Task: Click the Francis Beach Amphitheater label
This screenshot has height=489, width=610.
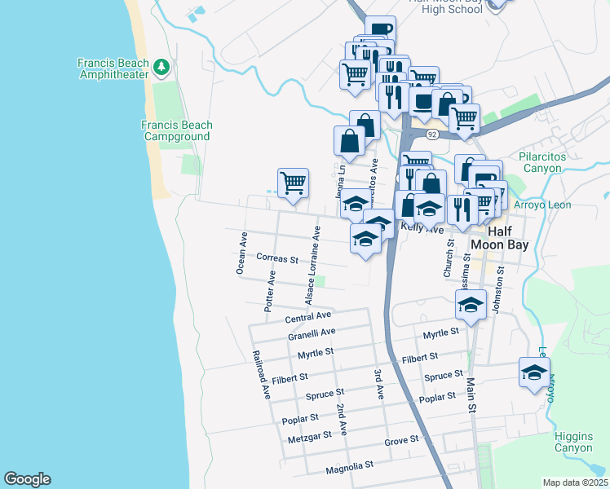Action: [x=113, y=68]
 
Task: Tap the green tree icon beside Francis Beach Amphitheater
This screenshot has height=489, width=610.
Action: [x=162, y=64]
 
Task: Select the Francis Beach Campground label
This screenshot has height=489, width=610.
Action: [x=176, y=130]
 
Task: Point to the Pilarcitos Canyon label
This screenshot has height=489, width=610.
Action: [x=552, y=162]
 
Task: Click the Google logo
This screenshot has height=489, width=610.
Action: [x=27, y=479]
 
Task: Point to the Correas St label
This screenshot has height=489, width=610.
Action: [x=277, y=258]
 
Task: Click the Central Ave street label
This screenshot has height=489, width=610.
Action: [x=308, y=316]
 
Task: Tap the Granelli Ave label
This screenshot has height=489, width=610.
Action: [x=312, y=333]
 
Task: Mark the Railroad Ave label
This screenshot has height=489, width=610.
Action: [x=261, y=375]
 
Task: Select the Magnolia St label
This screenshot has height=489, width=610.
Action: [x=348, y=465]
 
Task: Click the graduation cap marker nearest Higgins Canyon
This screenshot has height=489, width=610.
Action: [x=534, y=373]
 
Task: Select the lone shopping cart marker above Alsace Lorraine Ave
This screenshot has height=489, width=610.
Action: [x=293, y=182]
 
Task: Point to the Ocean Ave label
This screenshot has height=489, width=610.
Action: [x=241, y=253]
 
